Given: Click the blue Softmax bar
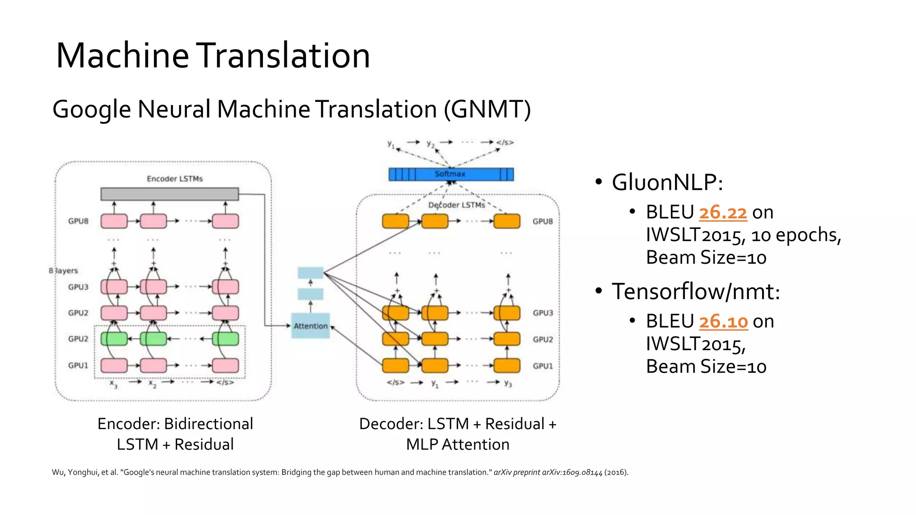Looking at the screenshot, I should point(451,174).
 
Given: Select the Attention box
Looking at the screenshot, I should point(310,326).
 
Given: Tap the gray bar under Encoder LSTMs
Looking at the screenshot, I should point(170,194).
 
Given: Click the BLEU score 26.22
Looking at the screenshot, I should point(723,212).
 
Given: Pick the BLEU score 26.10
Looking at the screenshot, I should point(723,321).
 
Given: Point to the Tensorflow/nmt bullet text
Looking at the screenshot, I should point(695,291).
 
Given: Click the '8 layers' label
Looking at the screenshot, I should point(63,270).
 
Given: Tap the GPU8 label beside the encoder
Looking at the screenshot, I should point(78,221).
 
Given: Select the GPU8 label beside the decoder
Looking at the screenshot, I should point(543,221).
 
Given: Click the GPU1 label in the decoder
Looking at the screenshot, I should point(543,366).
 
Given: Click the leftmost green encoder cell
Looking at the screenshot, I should point(114,339).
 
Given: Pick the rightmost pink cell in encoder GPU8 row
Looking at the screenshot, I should point(225,221).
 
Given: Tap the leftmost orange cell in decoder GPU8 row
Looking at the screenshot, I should point(395,221).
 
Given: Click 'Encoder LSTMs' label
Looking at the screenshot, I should point(175,179).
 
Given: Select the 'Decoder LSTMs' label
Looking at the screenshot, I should point(457,205).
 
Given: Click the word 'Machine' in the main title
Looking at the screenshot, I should point(123,55).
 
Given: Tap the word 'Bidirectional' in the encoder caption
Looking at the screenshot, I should point(208,423).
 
